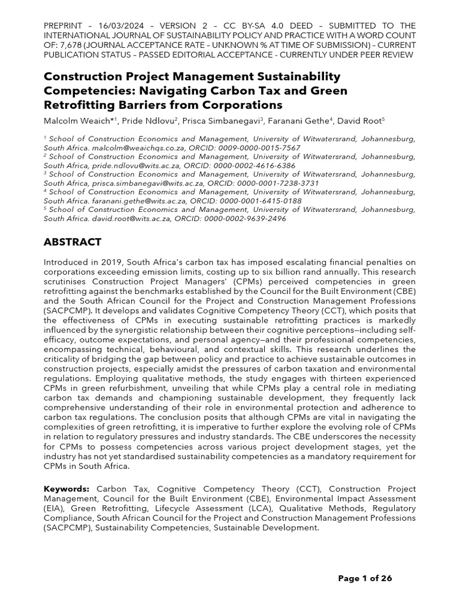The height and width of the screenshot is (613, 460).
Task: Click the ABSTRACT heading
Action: (x=72, y=242)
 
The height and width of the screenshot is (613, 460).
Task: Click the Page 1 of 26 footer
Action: (x=365, y=578)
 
